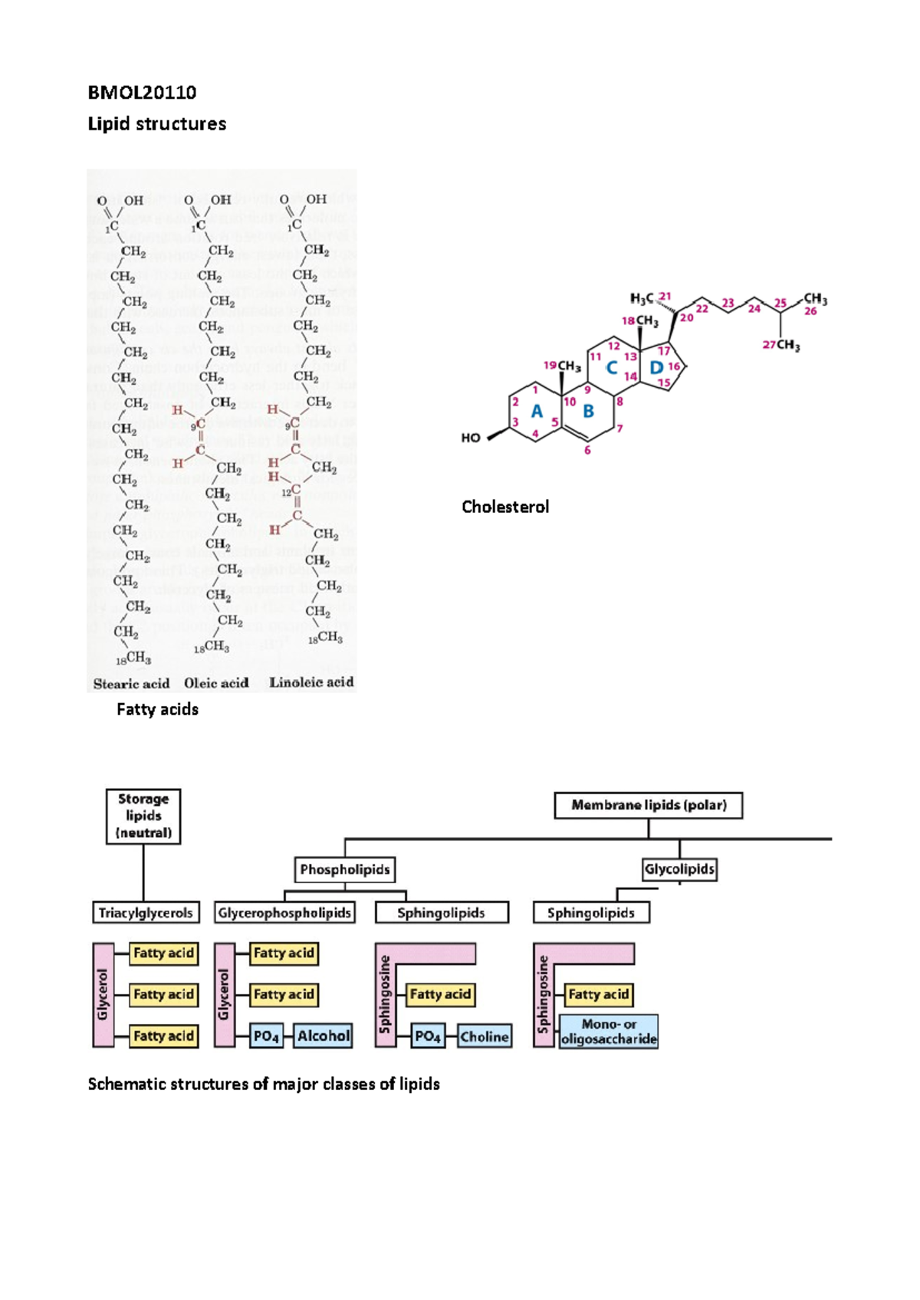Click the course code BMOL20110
(x=142, y=93)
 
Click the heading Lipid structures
(x=156, y=124)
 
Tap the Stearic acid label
(x=131, y=684)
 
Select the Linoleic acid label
(x=311, y=682)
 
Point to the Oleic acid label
(x=216, y=683)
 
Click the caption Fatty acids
(x=157, y=710)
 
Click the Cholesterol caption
(x=504, y=507)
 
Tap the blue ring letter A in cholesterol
(x=537, y=412)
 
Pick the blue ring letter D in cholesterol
(x=655, y=368)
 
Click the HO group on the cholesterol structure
(x=471, y=438)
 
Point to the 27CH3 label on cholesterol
(x=781, y=346)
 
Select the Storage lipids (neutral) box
(x=143, y=816)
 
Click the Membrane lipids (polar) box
(x=648, y=806)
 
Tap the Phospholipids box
(x=344, y=870)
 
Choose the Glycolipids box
(x=679, y=869)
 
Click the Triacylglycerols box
(x=146, y=913)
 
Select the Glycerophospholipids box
(x=284, y=913)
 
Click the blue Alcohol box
(x=324, y=1036)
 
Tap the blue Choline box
(x=485, y=1037)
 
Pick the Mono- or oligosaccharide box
(x=609, y=1032)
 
